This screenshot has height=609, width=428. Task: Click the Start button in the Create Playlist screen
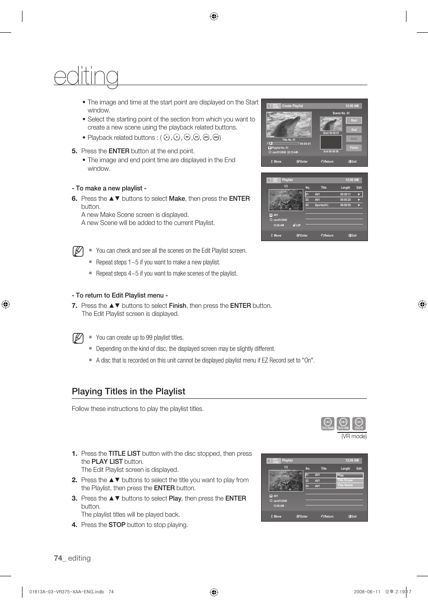tap(354, 121)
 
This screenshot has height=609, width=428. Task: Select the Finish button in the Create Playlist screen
tap(354, 147)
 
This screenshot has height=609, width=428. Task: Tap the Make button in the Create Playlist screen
tap(354, 138)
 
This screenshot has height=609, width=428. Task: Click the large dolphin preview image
tap(289, 125)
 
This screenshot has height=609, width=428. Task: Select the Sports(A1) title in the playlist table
tap(322, 205)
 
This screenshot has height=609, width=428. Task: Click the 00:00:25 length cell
tap(345, 200)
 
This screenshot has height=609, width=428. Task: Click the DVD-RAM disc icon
tap(328, 423)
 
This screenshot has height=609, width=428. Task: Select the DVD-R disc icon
tap(359, 423)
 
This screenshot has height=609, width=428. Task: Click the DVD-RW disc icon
tap(343, 423)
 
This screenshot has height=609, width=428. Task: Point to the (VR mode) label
tap(354, 436)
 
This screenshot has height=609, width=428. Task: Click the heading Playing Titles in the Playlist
tap(128, 391)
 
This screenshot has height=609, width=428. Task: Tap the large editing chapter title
tap(86, 76)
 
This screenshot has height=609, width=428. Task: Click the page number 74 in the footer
tap(58, 558)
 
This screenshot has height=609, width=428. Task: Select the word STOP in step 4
tap(117, 525)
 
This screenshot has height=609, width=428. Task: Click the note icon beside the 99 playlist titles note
tap(78, 338)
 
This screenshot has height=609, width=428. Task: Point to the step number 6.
tap(74, 199)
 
